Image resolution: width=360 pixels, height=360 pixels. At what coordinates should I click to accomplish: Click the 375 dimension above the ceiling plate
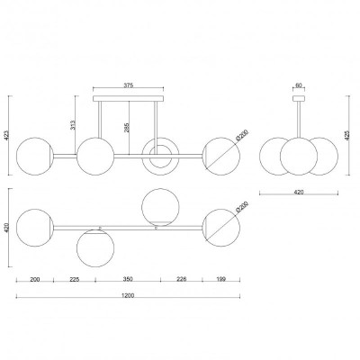(128, 85)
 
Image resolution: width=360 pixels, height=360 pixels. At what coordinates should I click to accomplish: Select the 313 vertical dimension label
(72, 125)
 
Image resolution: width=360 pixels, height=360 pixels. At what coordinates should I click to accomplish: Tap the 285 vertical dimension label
(126, 127)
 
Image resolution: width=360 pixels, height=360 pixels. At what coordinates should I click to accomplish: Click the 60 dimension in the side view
(299, 85)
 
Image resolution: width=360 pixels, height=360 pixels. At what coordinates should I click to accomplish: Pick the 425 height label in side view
(347, 135)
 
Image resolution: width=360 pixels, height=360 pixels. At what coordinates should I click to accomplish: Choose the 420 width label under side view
(299, 192)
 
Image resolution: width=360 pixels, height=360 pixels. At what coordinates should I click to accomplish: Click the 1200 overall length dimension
(128, 295)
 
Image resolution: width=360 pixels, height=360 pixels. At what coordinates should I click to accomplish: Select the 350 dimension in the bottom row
(128, 279)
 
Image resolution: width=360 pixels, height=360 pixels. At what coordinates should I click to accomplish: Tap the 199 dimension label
(221, 279)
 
